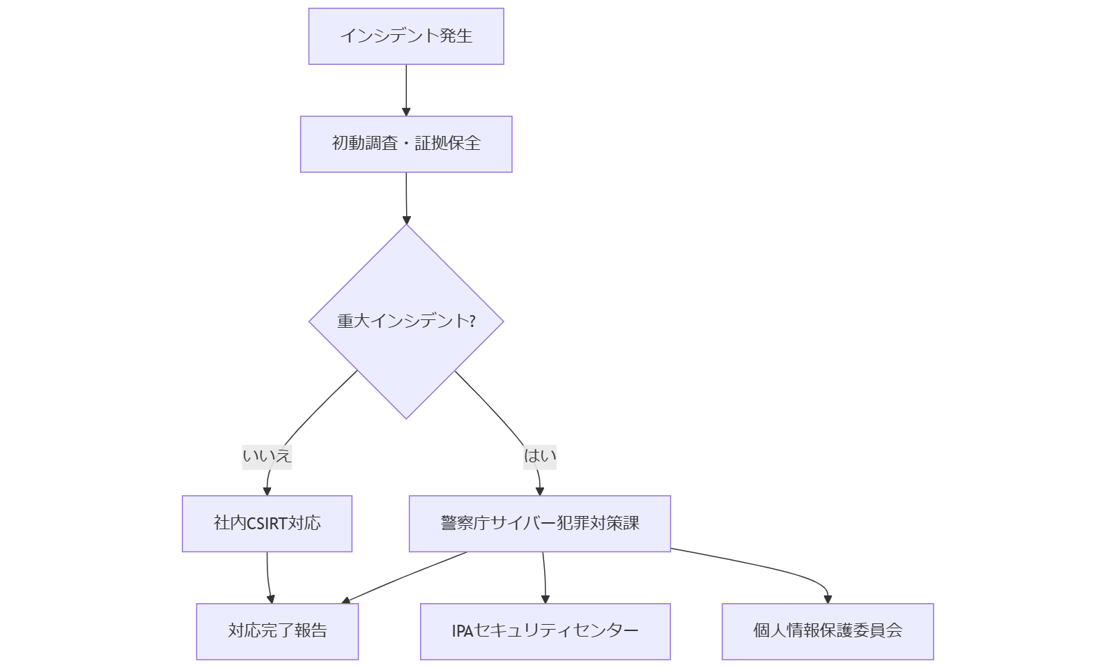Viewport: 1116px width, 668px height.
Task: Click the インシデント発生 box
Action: click(x=406, y=36)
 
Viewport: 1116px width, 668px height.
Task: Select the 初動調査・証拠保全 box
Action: click(x=406, y=144)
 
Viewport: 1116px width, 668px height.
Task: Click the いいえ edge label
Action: click(x=267, y=457)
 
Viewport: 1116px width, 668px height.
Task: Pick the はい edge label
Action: click(x=540, y=457)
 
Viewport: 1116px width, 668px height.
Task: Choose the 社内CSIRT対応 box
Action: click(x=267, y=524)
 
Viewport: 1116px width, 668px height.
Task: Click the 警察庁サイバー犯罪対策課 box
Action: click(x=540, y=524)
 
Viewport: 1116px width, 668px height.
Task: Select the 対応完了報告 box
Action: click(x=277, y=631)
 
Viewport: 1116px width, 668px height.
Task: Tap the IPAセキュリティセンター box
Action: click(x=545, y=631)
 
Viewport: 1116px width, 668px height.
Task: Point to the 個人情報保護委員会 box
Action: click(x=828, y=631)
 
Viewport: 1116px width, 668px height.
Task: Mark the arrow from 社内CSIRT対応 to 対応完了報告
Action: click(x=268, y=577)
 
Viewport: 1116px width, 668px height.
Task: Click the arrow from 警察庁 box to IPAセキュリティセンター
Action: click(x=545, y=577)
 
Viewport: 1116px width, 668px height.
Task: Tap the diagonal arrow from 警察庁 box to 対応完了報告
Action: click(x=404, y=577)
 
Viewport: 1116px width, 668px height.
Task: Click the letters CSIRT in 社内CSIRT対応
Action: click(x=268, y=524)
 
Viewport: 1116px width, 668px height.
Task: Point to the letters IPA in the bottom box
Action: click(x=462, y=632)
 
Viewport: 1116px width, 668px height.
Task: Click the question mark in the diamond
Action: click(x=472, y=321)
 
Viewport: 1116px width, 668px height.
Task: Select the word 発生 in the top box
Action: click(x=456, y=36)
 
